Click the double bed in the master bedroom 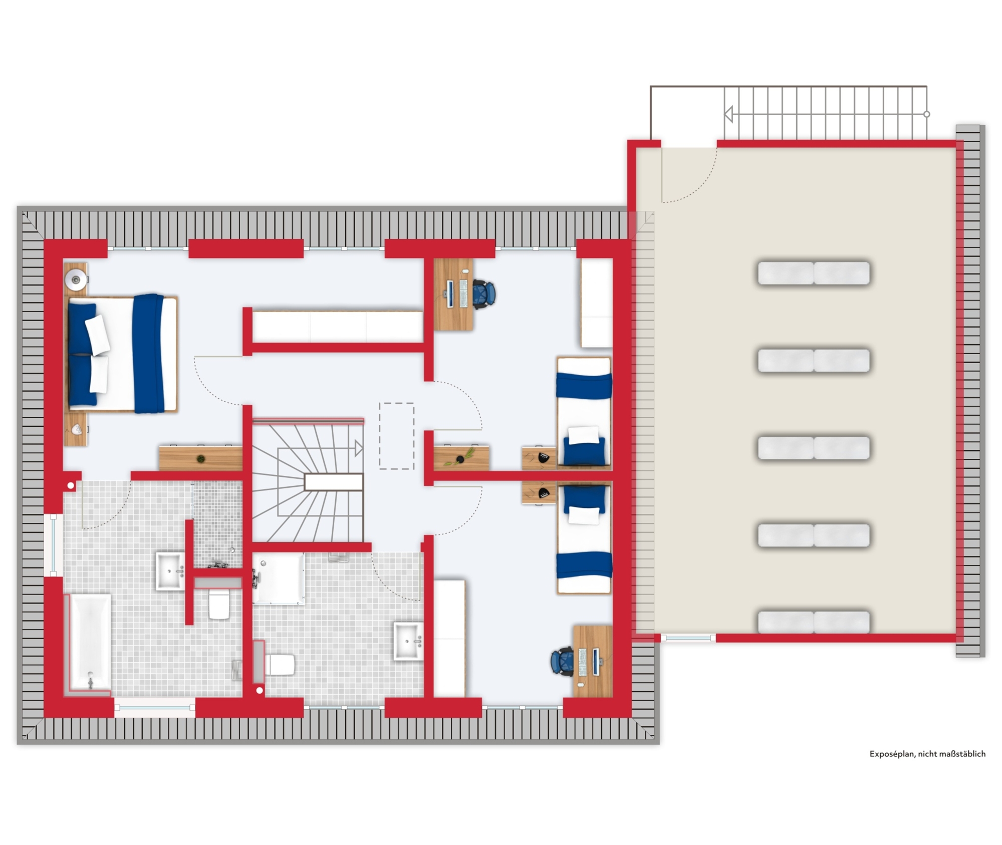click(x=122, y=354)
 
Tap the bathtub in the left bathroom click(x=90, y=642)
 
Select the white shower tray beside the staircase click(x=279, y=579)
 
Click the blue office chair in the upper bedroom click(x=484, y=294)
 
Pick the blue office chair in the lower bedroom click(x=562, y=662)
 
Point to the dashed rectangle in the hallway click(x=396, y=436)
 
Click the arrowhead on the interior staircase click(x=359, y=448)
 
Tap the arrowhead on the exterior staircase click(x=729, y=114)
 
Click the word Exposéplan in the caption click(x=891, y=754)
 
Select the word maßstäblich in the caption click(x=960, y=754)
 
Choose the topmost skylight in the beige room click(x=814, y=273)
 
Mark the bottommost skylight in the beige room click(x=814, y=622)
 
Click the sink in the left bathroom click(x=170, y=571)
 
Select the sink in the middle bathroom click(x=408, y=641)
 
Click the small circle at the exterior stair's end click(x=926, y=114)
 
